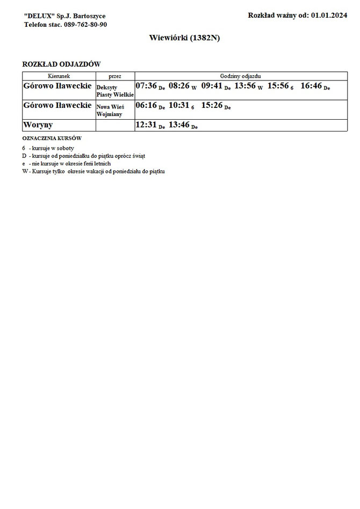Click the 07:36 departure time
tap(146, 85)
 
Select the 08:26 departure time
tap(179, 85)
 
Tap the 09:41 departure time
tap(212, 85)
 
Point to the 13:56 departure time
tap(244, 85)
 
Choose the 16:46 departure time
tap(311, 85)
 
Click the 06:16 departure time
tap(146, 105)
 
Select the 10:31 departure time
tap(179, 105)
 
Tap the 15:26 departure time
tap(212, 105)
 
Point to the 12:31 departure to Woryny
tap(146, 125)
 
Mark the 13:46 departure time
tap(179, 125)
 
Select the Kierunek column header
tap(59, 76)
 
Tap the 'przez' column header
tap(115, 76)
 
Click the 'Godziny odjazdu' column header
tap(240, 76)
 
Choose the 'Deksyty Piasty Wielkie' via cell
tap(115, 90)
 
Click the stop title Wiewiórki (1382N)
tap(179, 39)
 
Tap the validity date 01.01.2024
tap(329, 16)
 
